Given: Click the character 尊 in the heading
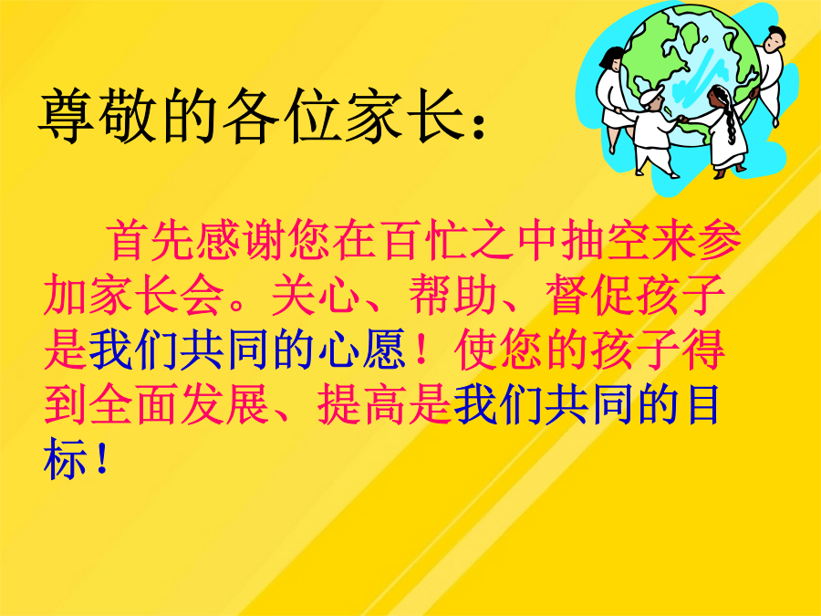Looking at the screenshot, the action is pyautogui.click(x=66, y=115).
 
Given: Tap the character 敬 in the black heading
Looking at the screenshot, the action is pyautogui.click(x=127, y=115).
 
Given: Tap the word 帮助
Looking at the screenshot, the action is pyautogui.click(x=452, y=295).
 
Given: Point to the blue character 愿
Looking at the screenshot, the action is pyautogui.click(x=384, y=350).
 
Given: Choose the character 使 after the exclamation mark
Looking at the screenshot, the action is pyautogui.click(x=475, y=350).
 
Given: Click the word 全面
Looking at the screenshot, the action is pyautogui.click(x=132, y=404).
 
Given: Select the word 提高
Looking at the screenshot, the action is pyautogui.click(x=361, y=404).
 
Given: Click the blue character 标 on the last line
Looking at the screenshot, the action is pyautogui.click(x=65, y=459).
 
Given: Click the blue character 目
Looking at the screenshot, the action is pyautogui.click(x=703, y=404).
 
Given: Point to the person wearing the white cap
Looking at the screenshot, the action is pyautogui.click(x=652, y=131).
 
